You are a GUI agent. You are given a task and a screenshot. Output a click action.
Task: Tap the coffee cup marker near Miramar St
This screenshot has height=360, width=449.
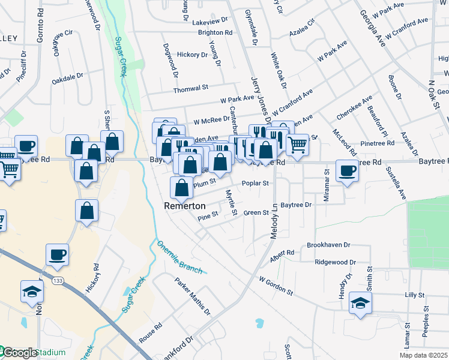(348, 171)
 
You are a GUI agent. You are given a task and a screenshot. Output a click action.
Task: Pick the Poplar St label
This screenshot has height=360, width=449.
(255, 184)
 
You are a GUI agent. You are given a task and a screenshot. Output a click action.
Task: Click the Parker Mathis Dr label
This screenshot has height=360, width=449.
(193, 296)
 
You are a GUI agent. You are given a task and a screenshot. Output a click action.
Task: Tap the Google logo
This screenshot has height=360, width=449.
(19, 353)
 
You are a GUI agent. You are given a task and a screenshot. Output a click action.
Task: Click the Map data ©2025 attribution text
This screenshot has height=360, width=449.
(423, 355)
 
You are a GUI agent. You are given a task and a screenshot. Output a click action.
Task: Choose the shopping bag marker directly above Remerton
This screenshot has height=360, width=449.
(181, 188)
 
